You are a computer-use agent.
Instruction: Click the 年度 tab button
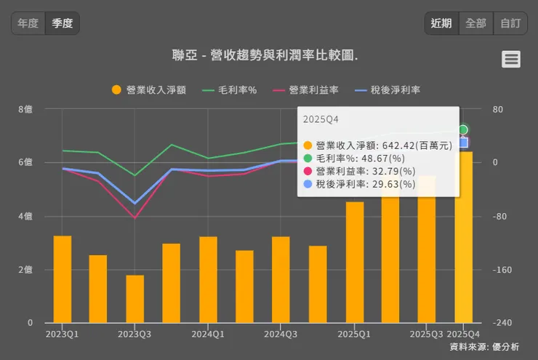coord(28,23)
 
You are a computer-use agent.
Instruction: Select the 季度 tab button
coord(63,23)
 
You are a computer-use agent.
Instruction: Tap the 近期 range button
coord(441,23)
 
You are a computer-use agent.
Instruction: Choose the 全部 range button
coord(475,23)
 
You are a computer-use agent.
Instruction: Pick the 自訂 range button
coord(510,23)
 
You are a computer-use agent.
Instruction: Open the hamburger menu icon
coord(511,60)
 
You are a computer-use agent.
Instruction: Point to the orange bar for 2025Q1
coord(355,262)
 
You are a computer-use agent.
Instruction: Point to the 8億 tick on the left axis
coord(25,109)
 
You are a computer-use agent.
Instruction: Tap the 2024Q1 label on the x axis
coord(208,334)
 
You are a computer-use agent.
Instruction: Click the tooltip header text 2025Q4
coord(321,119)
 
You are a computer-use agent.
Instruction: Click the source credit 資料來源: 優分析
coord(484,348)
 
